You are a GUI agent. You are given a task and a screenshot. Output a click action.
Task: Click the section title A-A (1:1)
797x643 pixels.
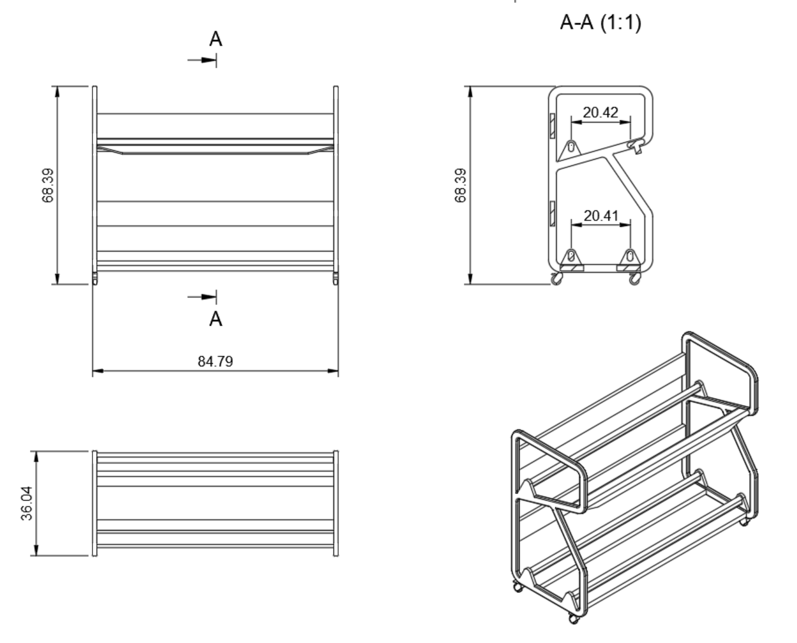click(x=600, y=23)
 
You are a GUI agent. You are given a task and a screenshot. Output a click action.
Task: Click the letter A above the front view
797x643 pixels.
click(x=216, y=39)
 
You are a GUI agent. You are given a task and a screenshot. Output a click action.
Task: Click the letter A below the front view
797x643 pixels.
click(x=216, y=319)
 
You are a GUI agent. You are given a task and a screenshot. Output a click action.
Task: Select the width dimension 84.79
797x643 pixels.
click(x=215, y=361)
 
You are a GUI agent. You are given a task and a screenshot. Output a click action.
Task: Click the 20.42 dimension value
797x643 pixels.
click(x=600, y=112)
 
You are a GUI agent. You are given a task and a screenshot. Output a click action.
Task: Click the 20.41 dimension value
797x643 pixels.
click(x=601, y=216)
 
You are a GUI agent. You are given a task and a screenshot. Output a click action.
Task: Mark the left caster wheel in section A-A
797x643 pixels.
click(x=556, y=280)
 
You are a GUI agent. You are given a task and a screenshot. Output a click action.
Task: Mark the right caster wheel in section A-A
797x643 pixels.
click(x=634, y=280)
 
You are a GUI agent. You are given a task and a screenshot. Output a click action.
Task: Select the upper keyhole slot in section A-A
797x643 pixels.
click(x=571, y=147)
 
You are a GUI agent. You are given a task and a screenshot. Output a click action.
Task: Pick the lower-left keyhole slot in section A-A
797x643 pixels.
click(x=571, y=257)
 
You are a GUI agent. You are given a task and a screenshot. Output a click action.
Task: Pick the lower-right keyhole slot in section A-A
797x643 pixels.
click(x=630, y=257)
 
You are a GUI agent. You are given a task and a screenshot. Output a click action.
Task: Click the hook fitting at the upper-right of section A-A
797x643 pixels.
click(x=637, y=145)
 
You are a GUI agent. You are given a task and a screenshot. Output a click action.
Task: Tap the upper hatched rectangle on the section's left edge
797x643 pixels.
click(x=552, y=126)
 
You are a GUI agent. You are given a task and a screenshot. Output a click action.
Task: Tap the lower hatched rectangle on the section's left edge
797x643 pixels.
click(x=552, y=213)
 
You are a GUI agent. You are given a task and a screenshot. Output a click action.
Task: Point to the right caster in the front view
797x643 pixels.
click(x=336, y=277)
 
